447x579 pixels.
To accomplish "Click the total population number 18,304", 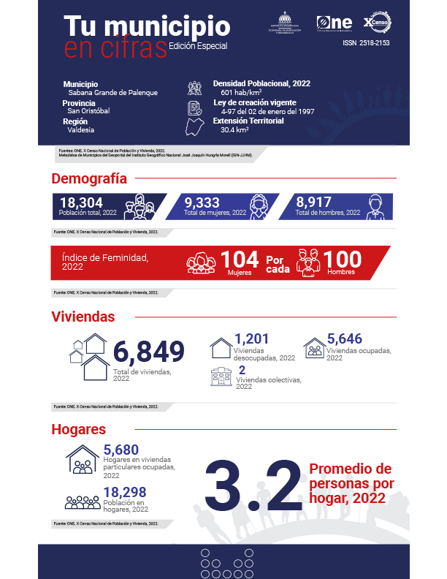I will pos(81,203).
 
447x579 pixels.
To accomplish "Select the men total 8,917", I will pos(317,203).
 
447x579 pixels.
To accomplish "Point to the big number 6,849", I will pos(148,352).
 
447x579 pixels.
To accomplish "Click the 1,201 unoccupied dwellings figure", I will pos(252,339).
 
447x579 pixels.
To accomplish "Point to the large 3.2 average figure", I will pos(253,485).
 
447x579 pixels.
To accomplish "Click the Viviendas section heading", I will pos(83,317).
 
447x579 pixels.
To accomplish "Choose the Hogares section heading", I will pos(79,429).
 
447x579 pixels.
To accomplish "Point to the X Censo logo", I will pos(378,23).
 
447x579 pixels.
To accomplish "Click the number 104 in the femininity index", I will pos(240,260).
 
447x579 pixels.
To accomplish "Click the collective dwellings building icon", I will pos(221,376).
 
